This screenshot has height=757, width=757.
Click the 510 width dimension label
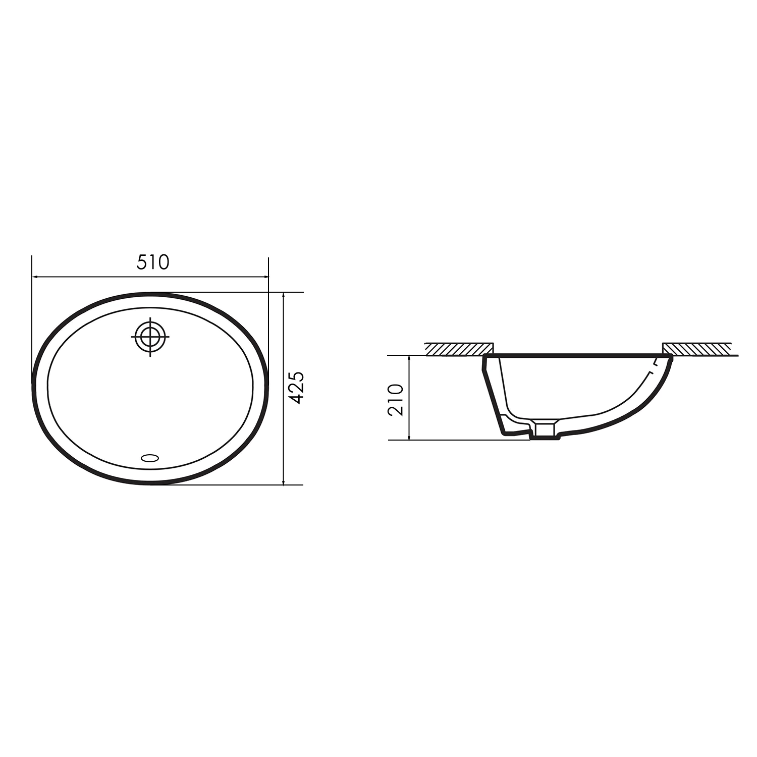click(x=153, y=262)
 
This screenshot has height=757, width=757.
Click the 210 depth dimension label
click(x=396, y=400)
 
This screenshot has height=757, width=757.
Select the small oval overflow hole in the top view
click(x=150, y=458)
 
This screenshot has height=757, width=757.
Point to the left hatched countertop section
click(x=459, y=349)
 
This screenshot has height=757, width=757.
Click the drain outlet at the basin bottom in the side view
click(x=545, y=429)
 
